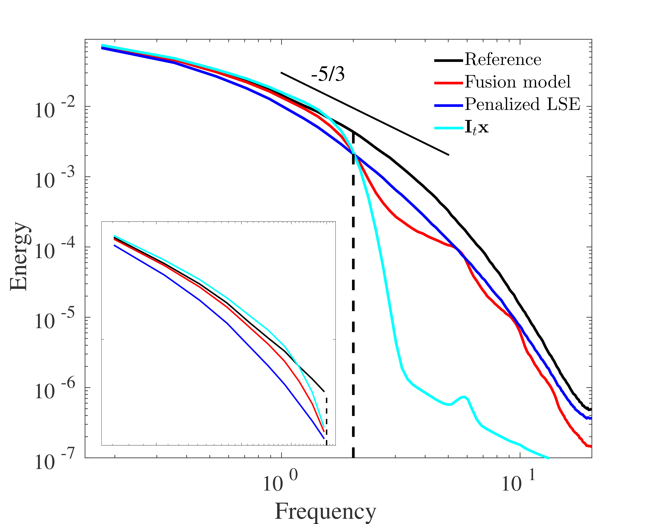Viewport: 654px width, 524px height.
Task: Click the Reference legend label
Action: coord(503,60)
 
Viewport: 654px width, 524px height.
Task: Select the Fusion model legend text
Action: coord(518,82)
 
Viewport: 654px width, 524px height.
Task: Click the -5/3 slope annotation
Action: coord(328,75)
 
